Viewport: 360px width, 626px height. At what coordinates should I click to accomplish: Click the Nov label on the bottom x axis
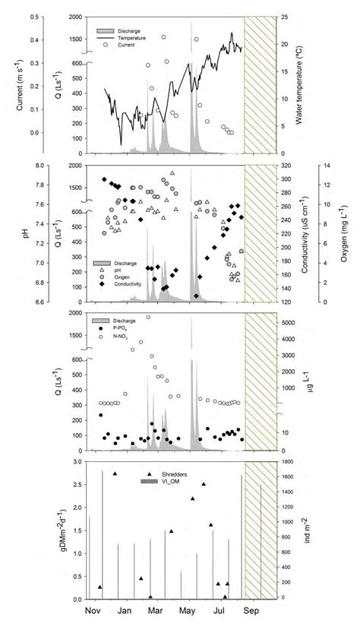(x=91, y=611)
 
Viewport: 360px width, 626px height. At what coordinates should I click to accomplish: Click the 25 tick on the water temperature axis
(x=286, y=17)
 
